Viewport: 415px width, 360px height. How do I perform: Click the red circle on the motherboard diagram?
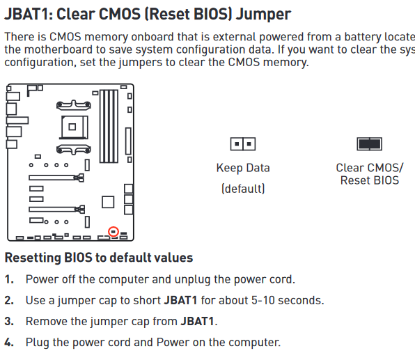(113, 228)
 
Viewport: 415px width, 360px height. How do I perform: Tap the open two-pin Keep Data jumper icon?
(243, 144)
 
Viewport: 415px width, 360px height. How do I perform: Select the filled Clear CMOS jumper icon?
(370, 144)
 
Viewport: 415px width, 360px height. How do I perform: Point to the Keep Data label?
(243, 168)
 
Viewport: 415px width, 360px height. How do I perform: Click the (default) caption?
(243, 189)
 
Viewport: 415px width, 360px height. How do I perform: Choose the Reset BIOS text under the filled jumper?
(370, 180)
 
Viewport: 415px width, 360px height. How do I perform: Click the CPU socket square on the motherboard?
(74, 127)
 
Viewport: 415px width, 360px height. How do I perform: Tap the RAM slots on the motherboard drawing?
(109, 126)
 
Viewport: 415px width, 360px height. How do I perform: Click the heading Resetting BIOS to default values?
(99, 258)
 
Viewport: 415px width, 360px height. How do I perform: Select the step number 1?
(9, 279)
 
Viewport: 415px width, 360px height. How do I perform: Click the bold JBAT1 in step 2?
(180, 300)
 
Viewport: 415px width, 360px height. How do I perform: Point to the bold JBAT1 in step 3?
(197, 321)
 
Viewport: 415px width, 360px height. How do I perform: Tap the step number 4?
(9, 343)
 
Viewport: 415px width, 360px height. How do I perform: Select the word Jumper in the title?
(263, 15)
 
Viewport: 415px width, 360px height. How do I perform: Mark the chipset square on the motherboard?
(108, 202)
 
